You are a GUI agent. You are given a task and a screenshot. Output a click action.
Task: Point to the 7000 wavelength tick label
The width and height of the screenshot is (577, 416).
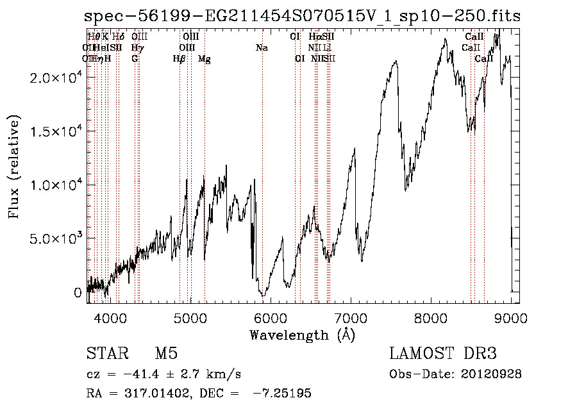tap(351, 317)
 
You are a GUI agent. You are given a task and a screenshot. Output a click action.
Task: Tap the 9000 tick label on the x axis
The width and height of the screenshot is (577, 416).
tap(511, 317)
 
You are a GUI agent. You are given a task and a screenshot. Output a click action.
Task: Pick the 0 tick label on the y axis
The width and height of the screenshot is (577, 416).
tap(78, 292)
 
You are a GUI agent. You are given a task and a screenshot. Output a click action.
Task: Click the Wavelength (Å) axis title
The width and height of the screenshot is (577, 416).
tap(302, 335)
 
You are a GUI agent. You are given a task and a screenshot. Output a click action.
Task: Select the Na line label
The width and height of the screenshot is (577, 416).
tap(262, 47)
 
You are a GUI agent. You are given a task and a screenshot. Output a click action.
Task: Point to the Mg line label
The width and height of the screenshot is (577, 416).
tap(205, 59)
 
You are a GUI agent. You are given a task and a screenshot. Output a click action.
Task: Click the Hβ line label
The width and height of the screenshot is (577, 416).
tap(180, 58)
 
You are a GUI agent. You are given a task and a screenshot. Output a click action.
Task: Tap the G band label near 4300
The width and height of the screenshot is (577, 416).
tap(135, 58)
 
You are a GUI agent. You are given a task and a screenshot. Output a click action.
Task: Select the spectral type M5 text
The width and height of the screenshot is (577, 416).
tap(166, 354)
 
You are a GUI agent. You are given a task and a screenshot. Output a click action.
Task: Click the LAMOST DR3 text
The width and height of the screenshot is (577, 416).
tap(443, 354)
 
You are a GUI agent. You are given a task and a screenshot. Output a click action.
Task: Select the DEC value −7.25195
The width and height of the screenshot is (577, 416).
tap(283, 394)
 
